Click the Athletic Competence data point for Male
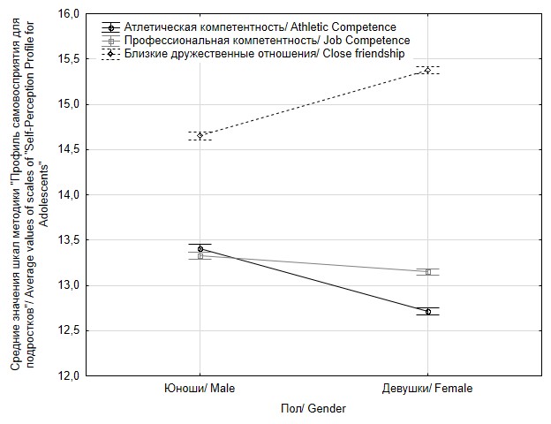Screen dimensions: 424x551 coord(200,249)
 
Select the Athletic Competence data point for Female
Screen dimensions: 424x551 coord(428,311)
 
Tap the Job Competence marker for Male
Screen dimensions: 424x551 coord(200,256)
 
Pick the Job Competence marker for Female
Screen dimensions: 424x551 coord(428,272)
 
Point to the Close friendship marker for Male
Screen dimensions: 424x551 coord(200,135)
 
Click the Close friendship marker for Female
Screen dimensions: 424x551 coord(428,70)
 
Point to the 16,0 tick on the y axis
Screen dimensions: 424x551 coord(69,14)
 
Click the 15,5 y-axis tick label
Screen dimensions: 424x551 coord(69,59)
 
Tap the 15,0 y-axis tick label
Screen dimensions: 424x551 coord(69,104)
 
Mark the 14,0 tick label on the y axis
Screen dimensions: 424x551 coord(69,195)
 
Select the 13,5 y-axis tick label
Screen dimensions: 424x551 coord(69,240)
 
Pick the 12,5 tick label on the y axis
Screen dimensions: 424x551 coord(69,331)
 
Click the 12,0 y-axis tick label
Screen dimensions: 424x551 coord(69,376)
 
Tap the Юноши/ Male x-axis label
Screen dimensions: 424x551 coord(200,389)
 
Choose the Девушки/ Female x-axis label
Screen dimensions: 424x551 coord(428,389)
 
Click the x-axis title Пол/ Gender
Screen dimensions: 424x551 coord(313,409)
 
